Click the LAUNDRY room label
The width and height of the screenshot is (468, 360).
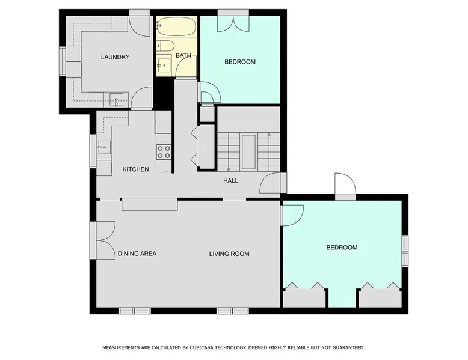115,57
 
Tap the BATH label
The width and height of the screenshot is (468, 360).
183,55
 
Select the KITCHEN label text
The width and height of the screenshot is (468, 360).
135,169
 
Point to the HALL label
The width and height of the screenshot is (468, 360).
231,180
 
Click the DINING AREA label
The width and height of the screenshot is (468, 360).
137,254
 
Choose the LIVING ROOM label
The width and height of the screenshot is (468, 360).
229,254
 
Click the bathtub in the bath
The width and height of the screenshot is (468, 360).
176,26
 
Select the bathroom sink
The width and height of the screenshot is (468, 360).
164,65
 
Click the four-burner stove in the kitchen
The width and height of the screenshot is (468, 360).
164,152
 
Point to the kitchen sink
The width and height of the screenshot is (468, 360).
104,147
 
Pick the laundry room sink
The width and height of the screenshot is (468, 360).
116,99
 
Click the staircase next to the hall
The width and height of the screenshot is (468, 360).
248,152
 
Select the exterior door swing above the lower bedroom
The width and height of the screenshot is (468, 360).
345,183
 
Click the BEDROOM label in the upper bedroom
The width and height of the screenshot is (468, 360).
240,62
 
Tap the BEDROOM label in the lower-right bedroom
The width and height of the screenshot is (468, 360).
342,248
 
